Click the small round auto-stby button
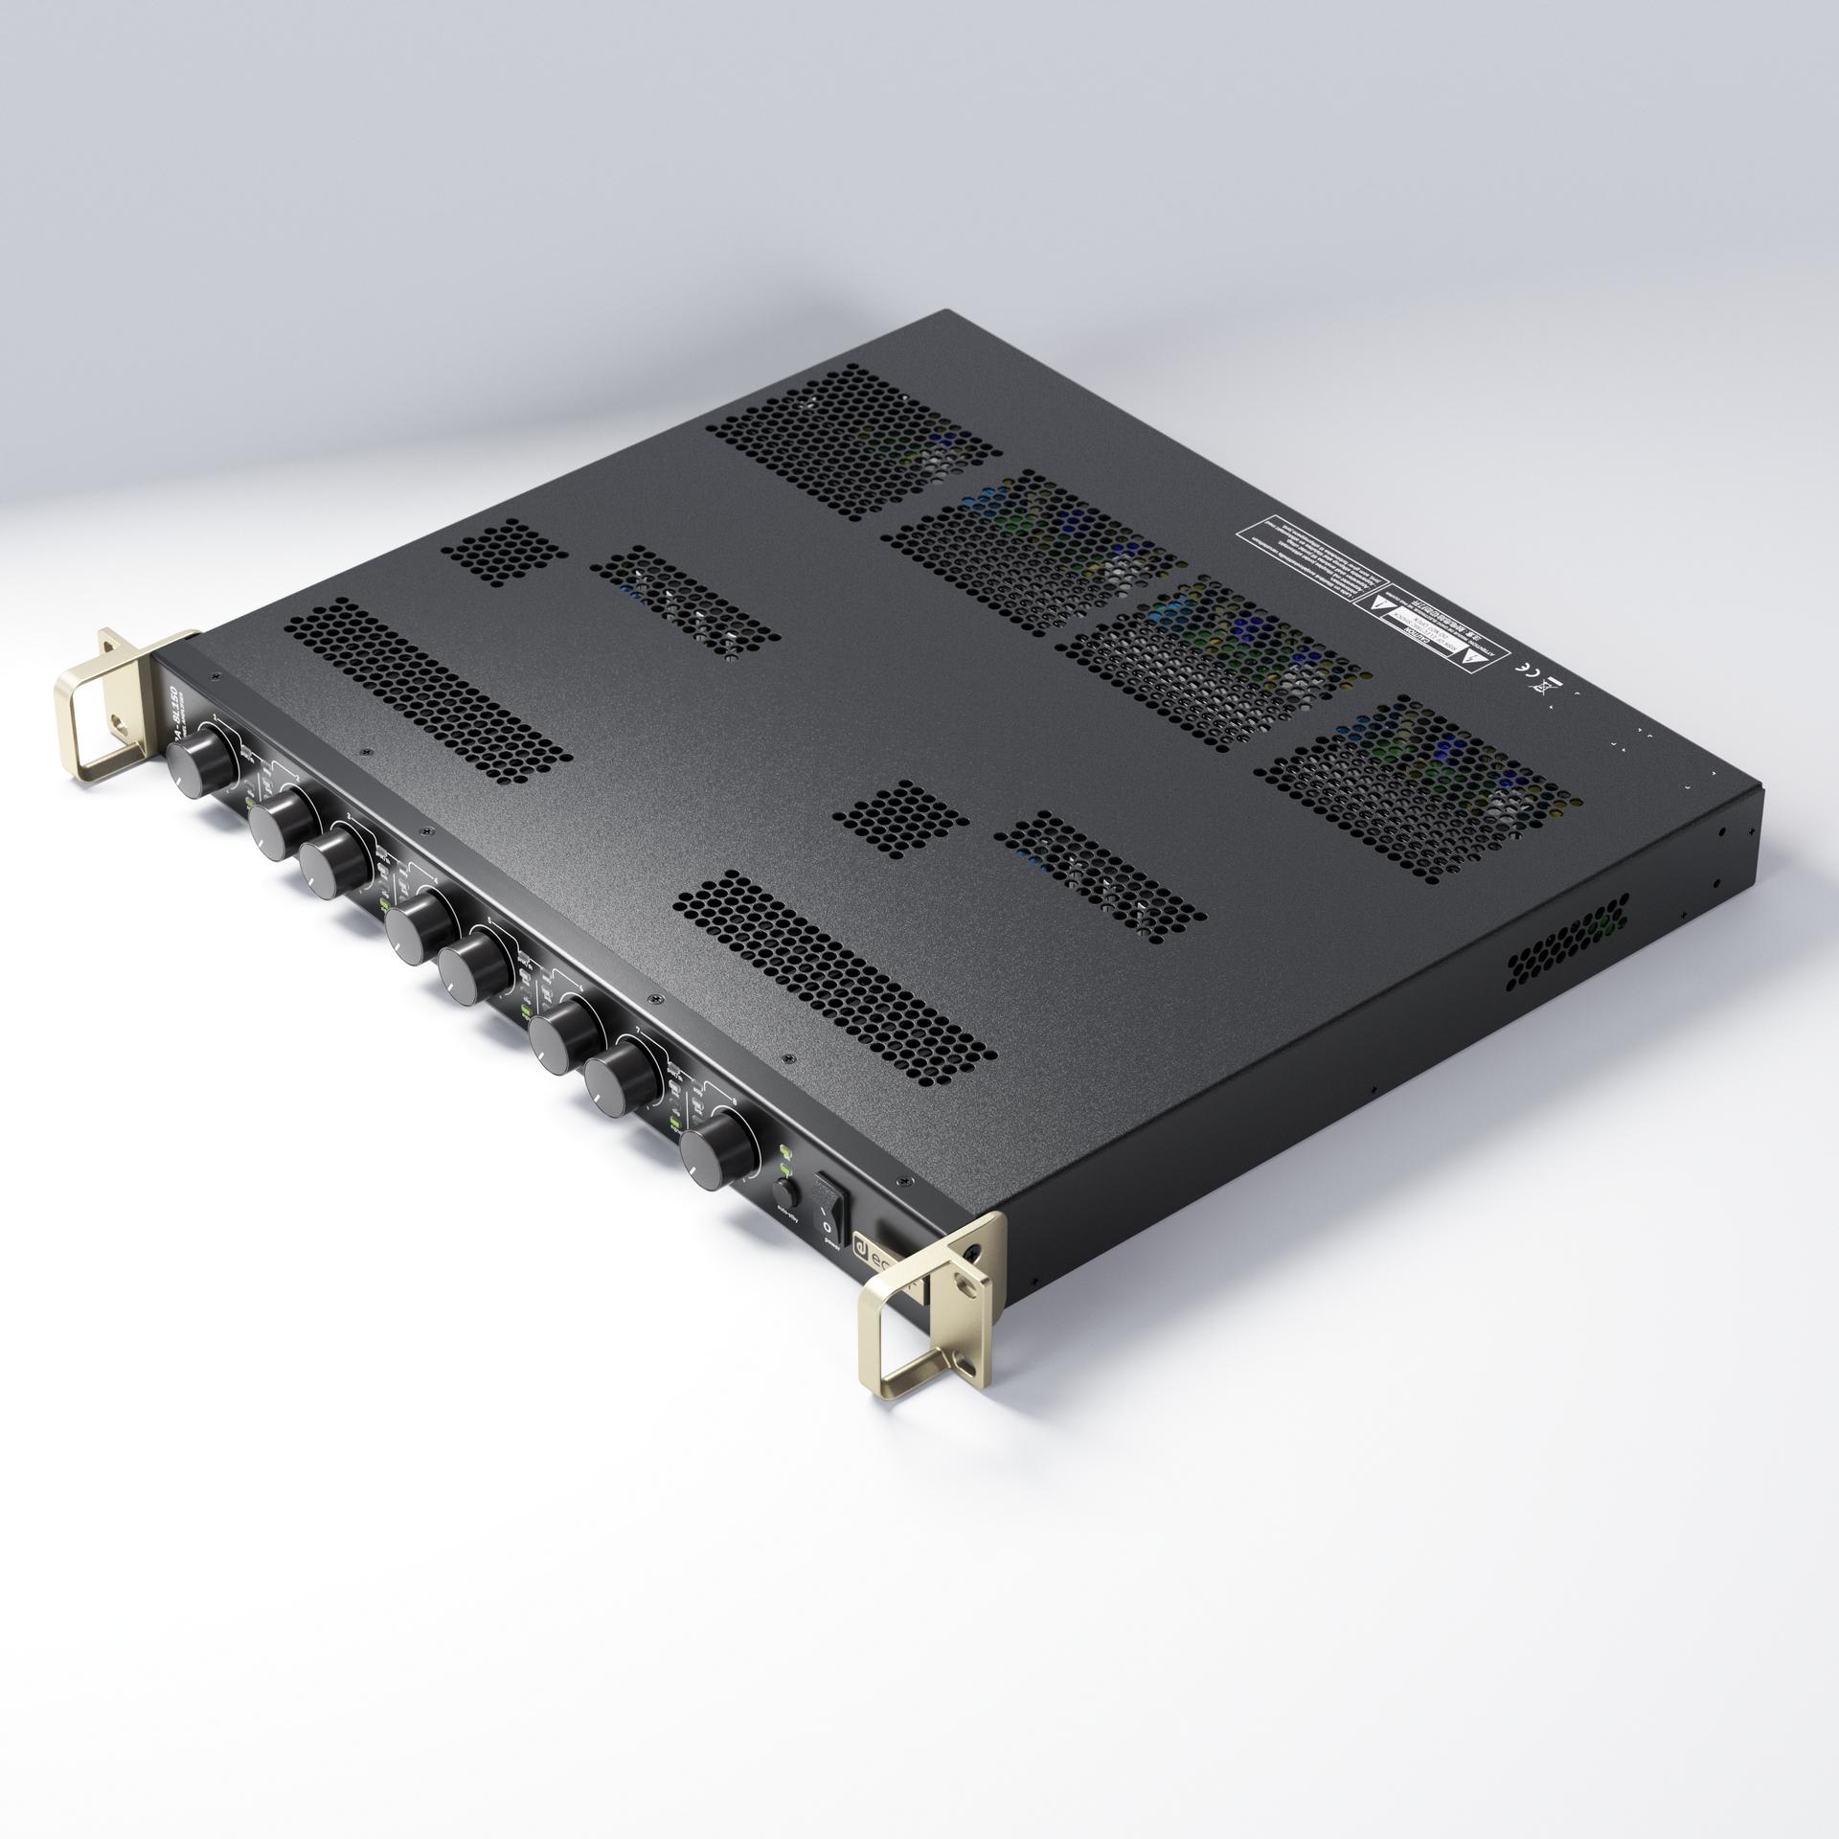784,1193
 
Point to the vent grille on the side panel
1567,944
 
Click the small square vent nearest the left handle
503,554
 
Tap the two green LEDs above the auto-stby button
786,1160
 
